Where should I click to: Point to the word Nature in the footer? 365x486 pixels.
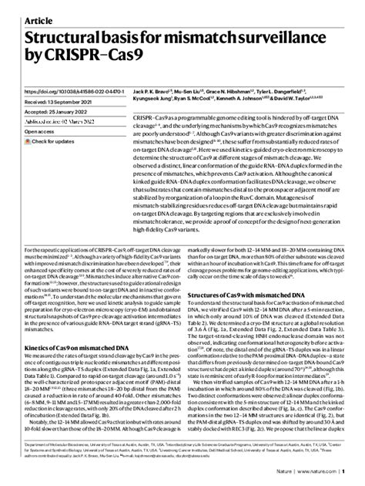288,471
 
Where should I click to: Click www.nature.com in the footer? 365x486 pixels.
321,471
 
